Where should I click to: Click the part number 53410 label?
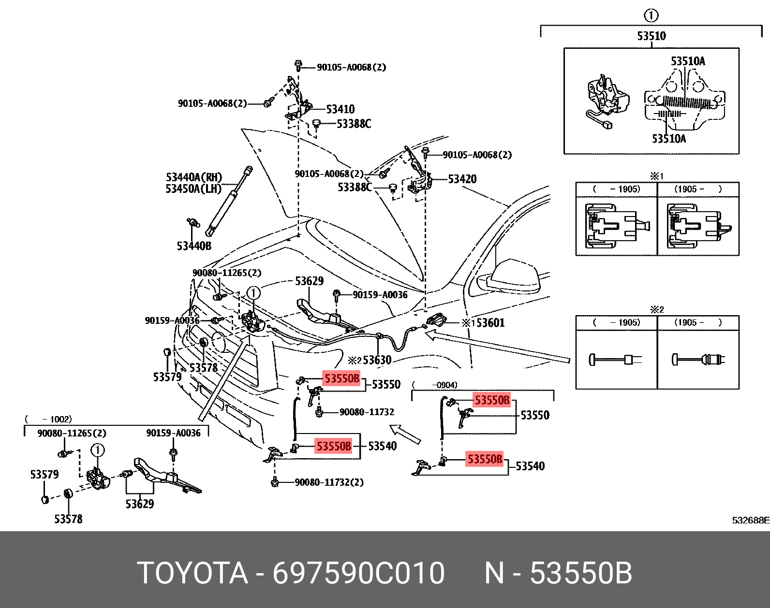(340, 109)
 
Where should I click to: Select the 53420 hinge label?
(462, 179)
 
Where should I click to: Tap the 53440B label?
(193, 246)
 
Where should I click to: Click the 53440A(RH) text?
(193, 177)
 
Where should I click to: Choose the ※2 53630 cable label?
(370, 360)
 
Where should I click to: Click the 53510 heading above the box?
(651, 36)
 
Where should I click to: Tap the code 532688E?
(750, 520)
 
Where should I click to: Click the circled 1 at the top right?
(651, 15)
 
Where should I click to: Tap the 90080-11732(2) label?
(329, 482)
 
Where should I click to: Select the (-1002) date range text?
(48, 419)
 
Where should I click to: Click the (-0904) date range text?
(435, 385)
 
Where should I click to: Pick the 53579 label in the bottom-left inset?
(44, 474)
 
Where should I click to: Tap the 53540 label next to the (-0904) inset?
(530, 466)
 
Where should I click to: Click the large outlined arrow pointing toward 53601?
(498, 346)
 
